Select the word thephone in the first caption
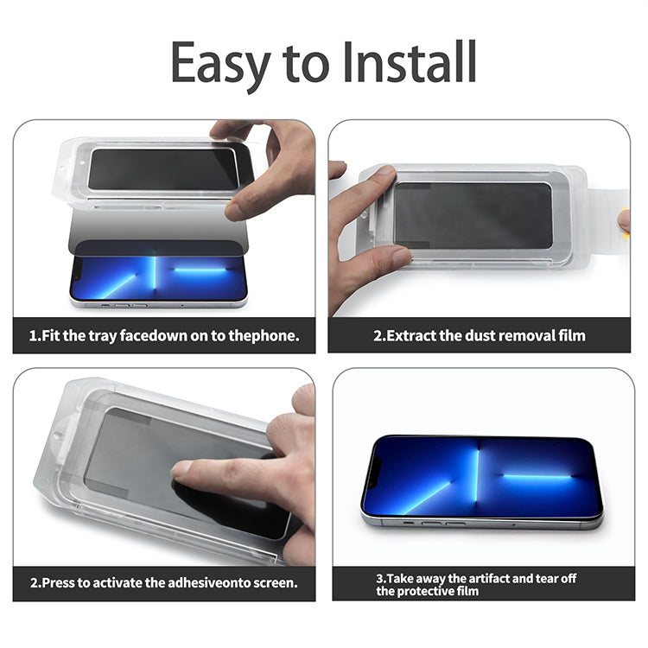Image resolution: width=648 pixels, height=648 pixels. [264, 336]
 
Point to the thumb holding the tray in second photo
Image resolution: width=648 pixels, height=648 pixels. [379, 181]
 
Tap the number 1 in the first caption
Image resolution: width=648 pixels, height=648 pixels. [32, 336]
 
